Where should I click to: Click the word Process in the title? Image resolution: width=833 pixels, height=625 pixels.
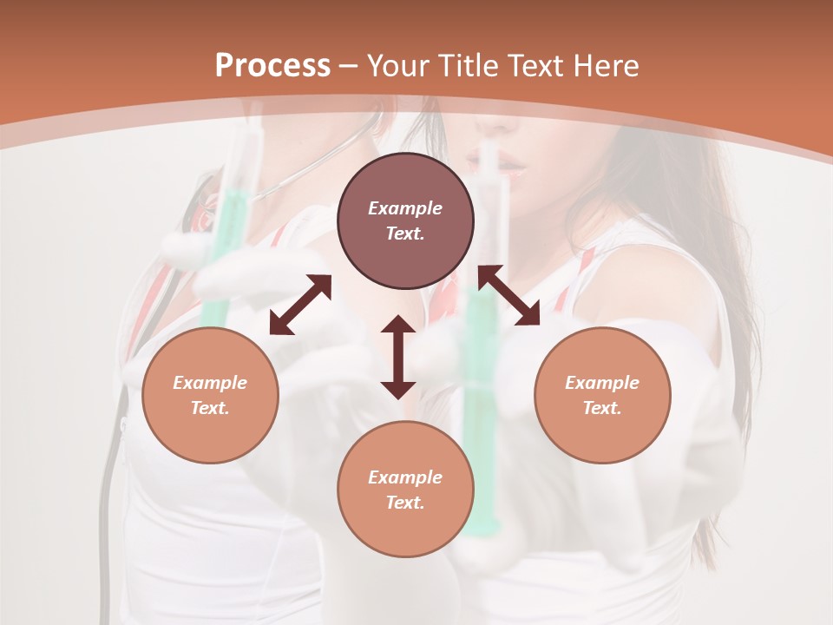(x=272, y=66)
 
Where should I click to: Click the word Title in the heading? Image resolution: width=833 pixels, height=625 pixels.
(x=466, y=66)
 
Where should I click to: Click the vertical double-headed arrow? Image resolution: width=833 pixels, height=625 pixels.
(x=398, y=357)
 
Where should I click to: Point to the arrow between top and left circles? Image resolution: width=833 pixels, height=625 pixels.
(x=300, y=305)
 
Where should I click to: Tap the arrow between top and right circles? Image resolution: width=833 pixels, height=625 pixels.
(x=508, y=295)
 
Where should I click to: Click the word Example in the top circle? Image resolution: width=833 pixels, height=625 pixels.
(x=405, y=208)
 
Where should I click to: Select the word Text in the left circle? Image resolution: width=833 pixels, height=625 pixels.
(x=210, y=408)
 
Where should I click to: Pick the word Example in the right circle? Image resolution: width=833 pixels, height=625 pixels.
(x=602, y=383)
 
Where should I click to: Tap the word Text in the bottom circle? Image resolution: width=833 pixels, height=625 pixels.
(x=405, y=503)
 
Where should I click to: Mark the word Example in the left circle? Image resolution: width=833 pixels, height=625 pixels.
(x=210, y=383)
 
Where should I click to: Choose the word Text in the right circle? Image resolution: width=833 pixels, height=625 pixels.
(x=602, y=408)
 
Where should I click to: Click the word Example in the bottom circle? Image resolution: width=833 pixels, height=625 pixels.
(x=405, y=477)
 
